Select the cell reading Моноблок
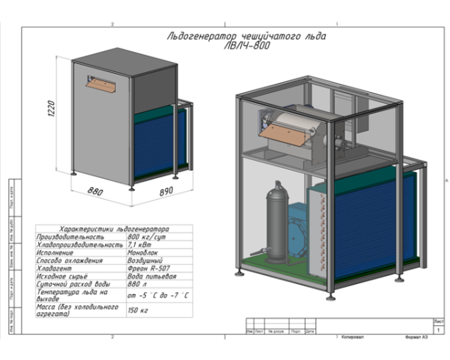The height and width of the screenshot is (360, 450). tap(142, 253)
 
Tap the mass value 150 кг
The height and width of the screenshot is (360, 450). tap(137, 310)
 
